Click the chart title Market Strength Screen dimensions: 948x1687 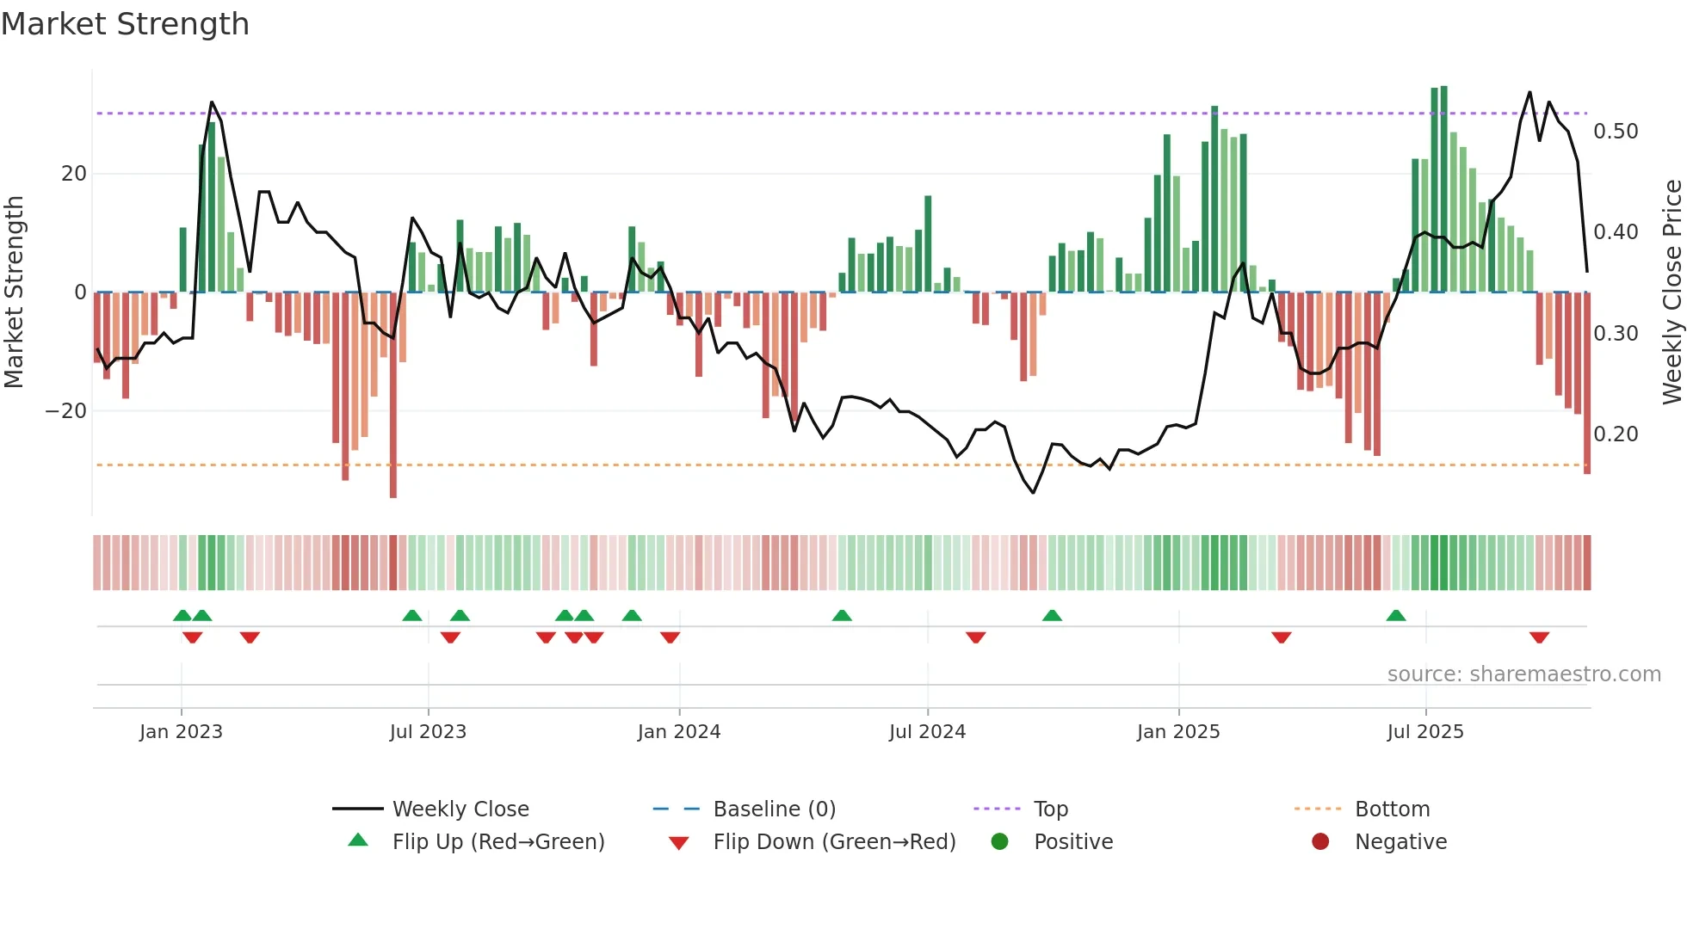click(125, 24)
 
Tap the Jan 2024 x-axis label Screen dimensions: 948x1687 click(678, 732)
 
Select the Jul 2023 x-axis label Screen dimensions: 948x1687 click(428, 732)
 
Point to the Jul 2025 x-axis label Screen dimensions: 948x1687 click(1424, 732)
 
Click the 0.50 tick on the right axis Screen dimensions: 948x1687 click(1616, 132)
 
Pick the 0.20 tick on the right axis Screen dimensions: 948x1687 click(1616, 434)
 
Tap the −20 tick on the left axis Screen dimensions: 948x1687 click(66, 411)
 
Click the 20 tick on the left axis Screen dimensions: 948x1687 click(74, 174)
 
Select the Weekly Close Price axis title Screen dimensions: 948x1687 click(1672, 292)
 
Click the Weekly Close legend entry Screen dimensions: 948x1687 click(460, 809)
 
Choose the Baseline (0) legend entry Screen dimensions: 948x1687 click(774, 809)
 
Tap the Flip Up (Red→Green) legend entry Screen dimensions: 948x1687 click(497, 842)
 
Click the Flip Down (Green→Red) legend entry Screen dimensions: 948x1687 click(833, 842)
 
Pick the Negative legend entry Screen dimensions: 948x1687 click(1400, 842)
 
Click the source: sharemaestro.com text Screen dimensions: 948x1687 click(1523, 674)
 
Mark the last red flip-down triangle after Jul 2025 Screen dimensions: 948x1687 click(1539, 637)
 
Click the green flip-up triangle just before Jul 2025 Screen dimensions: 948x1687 click(1396, 615)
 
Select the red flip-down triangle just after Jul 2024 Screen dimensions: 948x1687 click(975, 637)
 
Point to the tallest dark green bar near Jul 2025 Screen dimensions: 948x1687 click(1443, 189)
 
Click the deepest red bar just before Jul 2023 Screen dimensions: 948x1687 click(393, 396)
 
